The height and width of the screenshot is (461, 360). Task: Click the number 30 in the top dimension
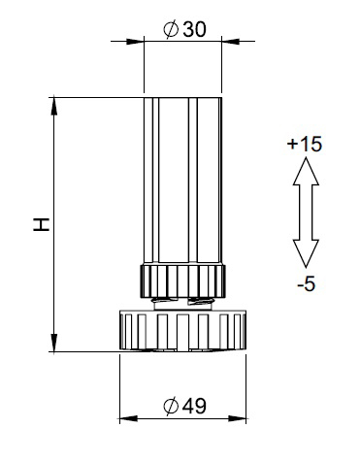click(194, 30)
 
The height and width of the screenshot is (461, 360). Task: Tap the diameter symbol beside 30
click(171, 30)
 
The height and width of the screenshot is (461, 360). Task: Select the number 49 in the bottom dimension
click(194, 406)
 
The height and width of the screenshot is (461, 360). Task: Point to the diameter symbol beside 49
click(171, 407)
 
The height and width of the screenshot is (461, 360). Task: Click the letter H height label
click(42, 224)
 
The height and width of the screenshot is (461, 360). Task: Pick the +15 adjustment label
click(305, 144)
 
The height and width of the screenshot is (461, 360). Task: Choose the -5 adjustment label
click(306, 284)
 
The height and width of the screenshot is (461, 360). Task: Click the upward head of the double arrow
click(306, 171)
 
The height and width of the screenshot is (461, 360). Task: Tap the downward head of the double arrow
click(306, 253)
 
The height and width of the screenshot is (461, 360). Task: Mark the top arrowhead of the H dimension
click(54, 106)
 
